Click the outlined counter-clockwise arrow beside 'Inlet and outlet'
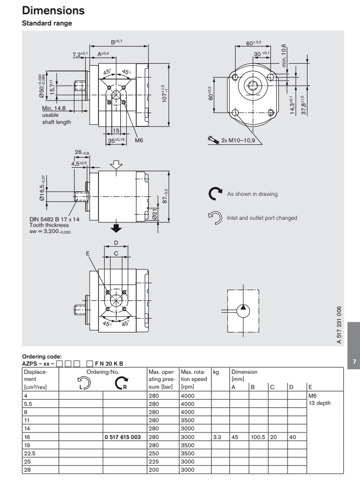pyautogui.click(x=216, y=218)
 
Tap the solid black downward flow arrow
pyautogui.click(x=117, y=227)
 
